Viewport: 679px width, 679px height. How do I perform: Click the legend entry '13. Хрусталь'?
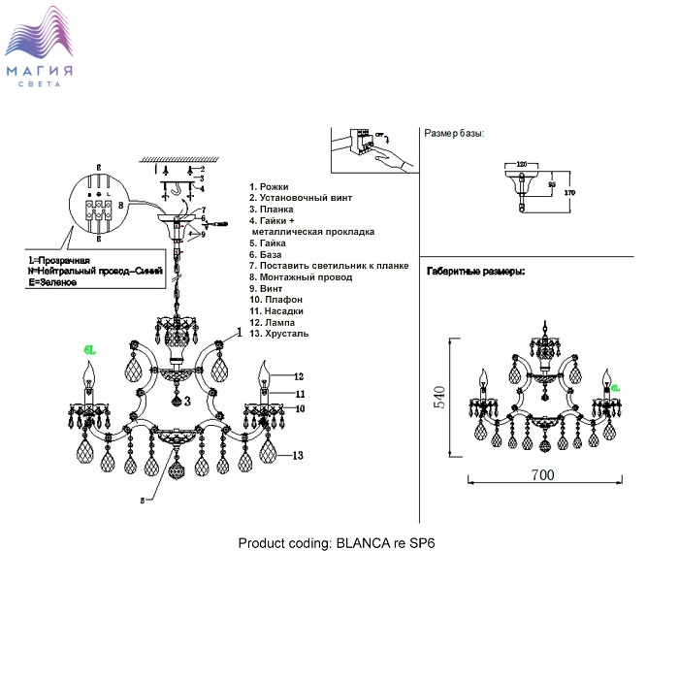click(281, 334)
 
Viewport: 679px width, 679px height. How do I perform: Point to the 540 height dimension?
click(439, 398)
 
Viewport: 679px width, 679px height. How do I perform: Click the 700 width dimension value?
click(542, 475)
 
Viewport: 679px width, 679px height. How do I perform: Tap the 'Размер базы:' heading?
click(454, 133)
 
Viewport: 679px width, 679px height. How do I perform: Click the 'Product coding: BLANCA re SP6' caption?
click(337, 543)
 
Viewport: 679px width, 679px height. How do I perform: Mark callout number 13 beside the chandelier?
click(299, 455)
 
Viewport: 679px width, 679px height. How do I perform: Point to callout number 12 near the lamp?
click(299, 376)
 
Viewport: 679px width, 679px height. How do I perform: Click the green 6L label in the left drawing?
click(88, 350)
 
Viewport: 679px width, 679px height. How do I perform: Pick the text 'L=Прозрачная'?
click(59, 261)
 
